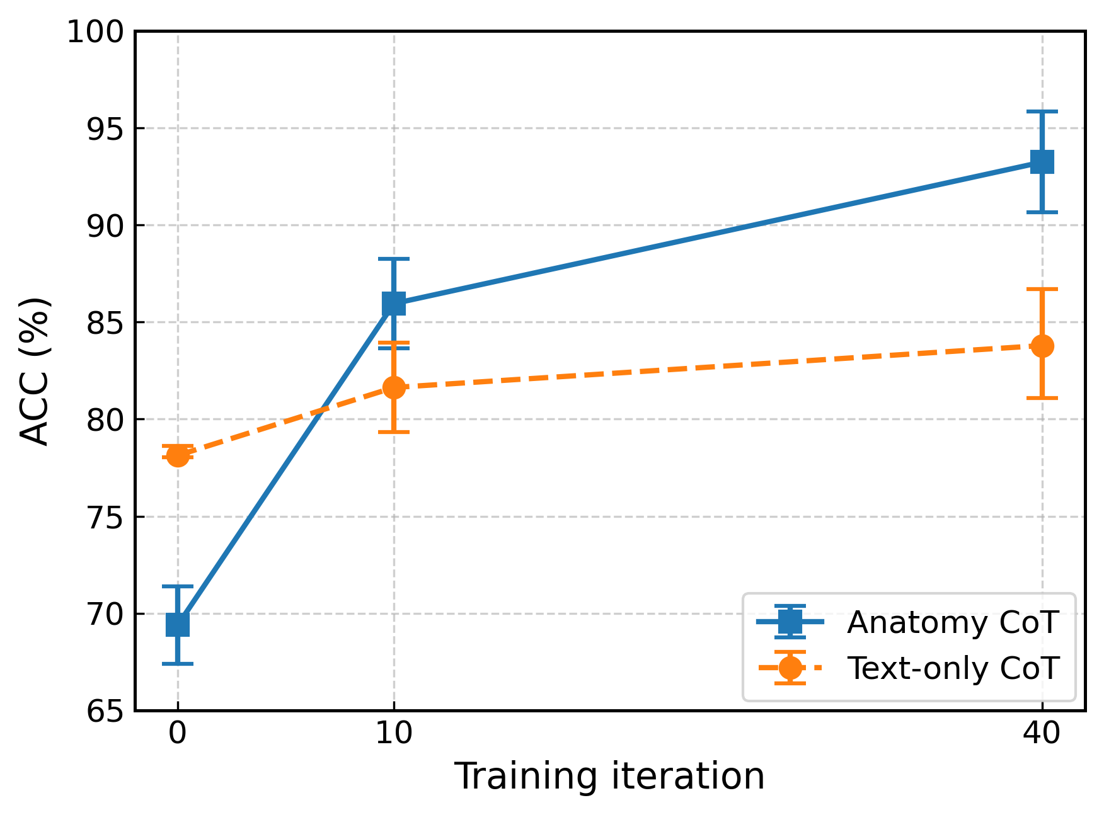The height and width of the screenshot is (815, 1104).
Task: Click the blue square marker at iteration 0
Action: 178,625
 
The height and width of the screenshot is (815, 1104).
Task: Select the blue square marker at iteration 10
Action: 394,304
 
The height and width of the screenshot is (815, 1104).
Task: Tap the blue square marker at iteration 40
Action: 1042,162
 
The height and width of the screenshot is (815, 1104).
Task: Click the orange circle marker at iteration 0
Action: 178,455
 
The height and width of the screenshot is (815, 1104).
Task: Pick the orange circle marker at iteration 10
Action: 394,387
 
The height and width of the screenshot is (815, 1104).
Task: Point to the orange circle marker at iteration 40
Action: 1042,346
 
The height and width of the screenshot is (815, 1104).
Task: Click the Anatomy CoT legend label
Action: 953,622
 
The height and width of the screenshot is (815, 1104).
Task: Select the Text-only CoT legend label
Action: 953,668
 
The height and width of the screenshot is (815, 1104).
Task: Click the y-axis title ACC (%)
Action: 35,372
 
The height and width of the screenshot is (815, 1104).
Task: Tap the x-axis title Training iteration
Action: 609,776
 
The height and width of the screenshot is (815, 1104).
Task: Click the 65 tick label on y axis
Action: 105,712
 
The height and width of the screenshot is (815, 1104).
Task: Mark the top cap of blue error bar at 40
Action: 1042,111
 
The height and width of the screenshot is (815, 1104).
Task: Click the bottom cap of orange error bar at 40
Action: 1042,398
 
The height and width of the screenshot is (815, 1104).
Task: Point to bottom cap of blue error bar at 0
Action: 178,664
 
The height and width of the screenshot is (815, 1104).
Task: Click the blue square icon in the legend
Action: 790,622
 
